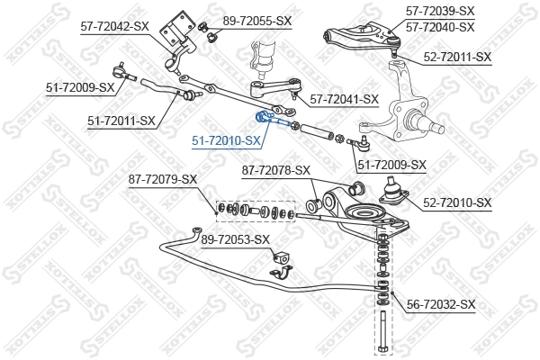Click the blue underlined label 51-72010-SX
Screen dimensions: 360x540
coord(226,141)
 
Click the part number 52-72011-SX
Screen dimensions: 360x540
coord(457,57)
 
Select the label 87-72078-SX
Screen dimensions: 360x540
coord(275,169)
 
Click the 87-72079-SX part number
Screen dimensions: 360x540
coord(162,179)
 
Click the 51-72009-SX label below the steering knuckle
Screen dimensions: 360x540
coord(391,164)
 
